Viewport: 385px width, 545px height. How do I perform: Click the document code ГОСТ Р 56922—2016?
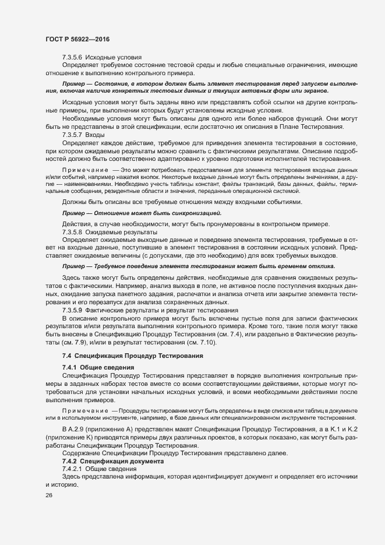[77, 38]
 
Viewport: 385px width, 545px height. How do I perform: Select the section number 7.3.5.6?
[73, 58]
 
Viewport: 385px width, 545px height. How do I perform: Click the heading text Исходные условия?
[114, 58]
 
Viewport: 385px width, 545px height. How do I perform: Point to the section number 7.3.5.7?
[73, 134]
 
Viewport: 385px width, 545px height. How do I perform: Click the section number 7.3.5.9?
[73, 311]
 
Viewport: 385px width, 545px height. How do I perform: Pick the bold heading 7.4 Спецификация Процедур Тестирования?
[128, 355]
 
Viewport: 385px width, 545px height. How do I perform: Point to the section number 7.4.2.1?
[73, 452]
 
